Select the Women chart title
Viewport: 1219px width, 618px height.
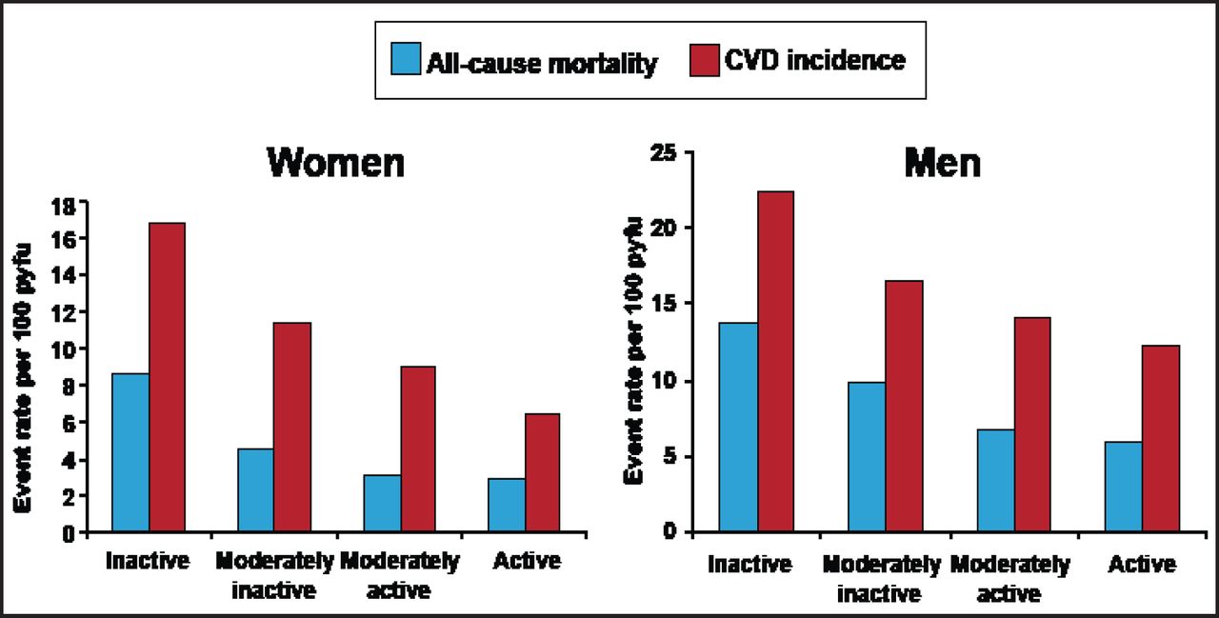[335, 163]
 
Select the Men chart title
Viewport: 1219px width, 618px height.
[944, 163]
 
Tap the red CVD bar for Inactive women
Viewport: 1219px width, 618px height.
[167, 377]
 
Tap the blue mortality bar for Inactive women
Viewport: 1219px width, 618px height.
[130, 452]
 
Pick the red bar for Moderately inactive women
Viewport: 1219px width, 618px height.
[291, 428]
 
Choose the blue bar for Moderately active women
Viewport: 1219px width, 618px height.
[382, 503]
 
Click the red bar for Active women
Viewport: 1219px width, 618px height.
[542, 472]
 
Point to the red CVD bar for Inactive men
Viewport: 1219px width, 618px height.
[775, 361]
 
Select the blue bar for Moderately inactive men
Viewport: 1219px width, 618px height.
[866, 456]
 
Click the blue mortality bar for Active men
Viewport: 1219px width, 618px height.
[1124, 486]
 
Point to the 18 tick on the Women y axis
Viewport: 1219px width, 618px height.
[69, 201]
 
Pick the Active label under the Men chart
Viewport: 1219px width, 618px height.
[1142, 565]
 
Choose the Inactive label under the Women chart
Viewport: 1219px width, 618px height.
[149, 561]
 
